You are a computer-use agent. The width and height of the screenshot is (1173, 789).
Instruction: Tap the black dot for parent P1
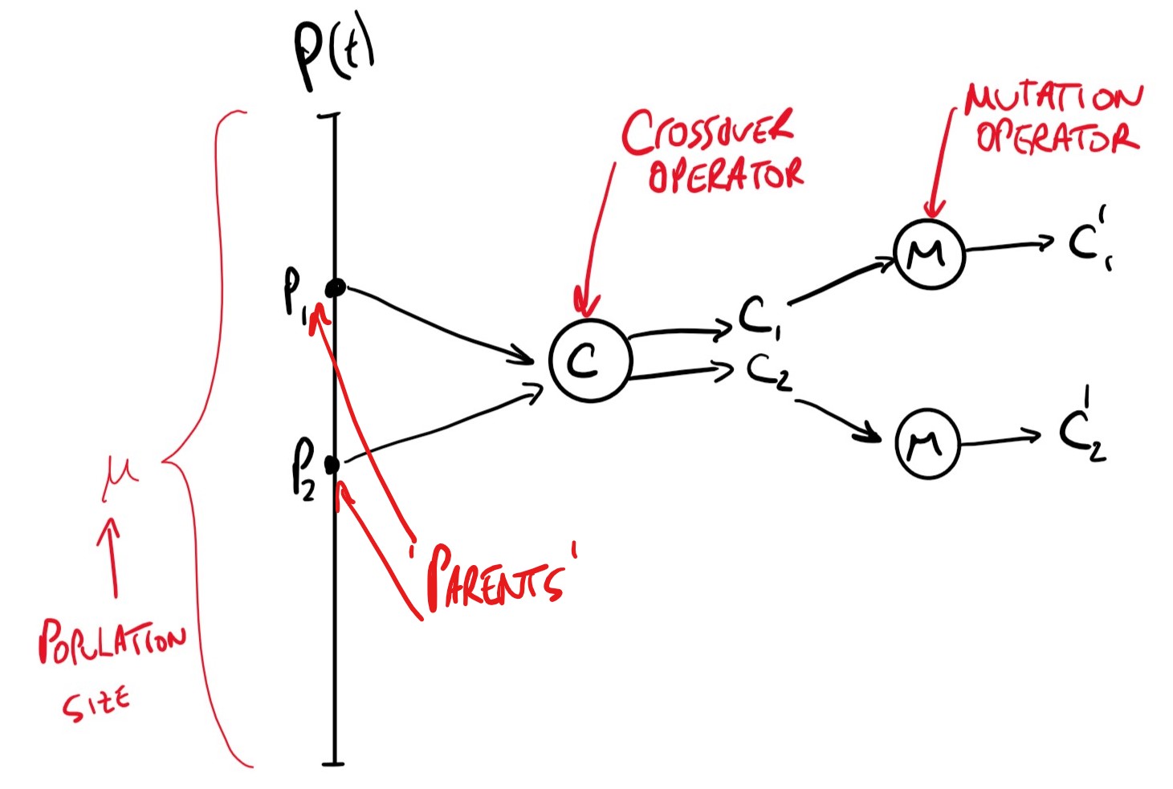(x=336, y=287)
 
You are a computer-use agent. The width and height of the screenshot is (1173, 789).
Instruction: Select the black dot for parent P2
(x=332, y=464)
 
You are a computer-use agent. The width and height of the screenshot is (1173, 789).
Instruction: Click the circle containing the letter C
(x=589, y=360)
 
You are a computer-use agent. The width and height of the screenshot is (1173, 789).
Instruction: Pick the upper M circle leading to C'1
(x=929, y=254)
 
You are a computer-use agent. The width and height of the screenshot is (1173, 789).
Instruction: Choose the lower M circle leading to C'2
(x=927, y=443)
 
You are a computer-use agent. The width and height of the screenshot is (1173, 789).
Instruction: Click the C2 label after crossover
(x=768, y=372)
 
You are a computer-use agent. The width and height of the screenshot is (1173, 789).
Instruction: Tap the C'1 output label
(x=1089, y=240)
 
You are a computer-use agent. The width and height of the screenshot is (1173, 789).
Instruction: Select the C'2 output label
(x=1082, y=433)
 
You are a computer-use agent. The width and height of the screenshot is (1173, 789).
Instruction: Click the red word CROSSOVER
(x=707, y=132)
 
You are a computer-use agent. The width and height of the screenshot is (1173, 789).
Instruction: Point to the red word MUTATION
(x=1053, y=98)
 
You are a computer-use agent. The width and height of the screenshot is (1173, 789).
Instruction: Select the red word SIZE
(x=96, y=704)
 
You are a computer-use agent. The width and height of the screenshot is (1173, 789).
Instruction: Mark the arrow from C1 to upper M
(x=843, y=280)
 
